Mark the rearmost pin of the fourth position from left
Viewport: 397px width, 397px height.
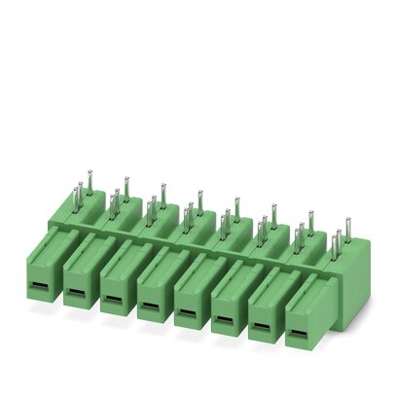(199, 197)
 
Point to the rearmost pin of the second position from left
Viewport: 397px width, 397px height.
(126, 183)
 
